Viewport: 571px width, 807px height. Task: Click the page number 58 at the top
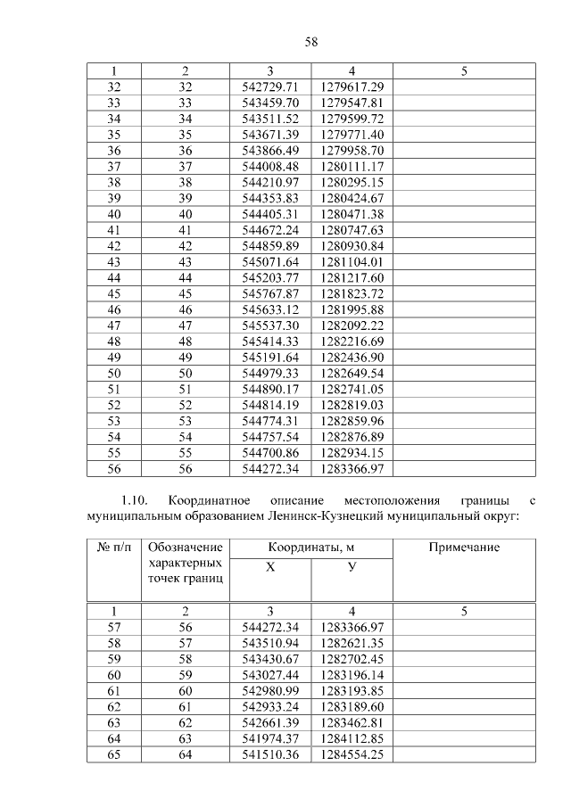click(285, 41)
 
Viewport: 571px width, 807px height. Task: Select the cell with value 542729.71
click(269, 86)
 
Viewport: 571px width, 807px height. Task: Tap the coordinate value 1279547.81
click(352, 103)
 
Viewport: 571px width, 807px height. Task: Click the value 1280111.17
click(352, 167)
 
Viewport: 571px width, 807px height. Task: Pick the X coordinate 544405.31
click(269, 215)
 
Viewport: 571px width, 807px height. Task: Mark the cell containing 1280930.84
click(352, 246)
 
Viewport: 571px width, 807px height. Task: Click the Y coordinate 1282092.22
click(352, 326)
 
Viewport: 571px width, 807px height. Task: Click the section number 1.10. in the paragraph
click(140, 500)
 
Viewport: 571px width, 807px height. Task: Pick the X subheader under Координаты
click(270, 567)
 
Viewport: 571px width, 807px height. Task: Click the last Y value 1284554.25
click(352, 755)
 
